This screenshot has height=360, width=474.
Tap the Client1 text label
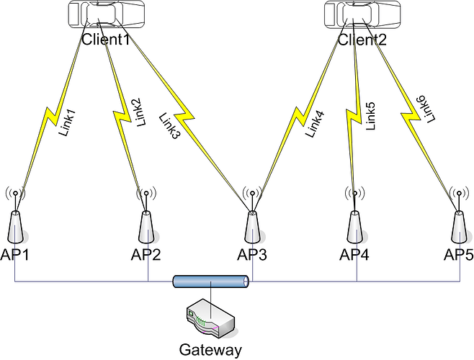(x=105, y=40)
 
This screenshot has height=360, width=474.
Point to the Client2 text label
(x=363, y=40)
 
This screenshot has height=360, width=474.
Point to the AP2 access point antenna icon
(x=147, y=220)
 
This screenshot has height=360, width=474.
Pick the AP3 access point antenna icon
(x=252, y=220)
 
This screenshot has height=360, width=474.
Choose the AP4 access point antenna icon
(x=354, y=220)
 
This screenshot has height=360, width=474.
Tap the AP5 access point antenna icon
(x=457, y=220)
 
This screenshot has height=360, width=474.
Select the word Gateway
(x=210, y=350)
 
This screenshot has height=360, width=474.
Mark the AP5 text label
(x=459, y=254)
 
